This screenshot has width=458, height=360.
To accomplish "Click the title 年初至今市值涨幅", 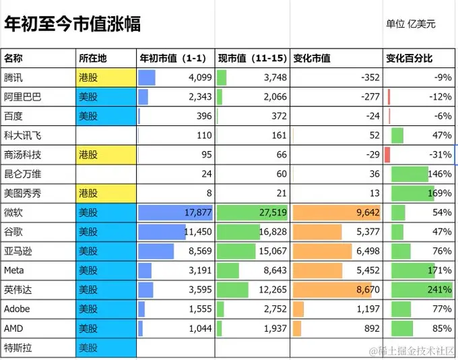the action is pyautogui.click(x=73, y=24).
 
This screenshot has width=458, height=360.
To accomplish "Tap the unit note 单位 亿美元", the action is pyautogui.click(x=411, y=24).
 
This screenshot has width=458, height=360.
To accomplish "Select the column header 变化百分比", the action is pyautogui.click(x=410, y=58).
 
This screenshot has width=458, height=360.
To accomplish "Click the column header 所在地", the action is pyautogui.click(x=92, y=58).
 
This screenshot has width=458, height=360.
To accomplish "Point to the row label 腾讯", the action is pyautogui.click(x=13, y=78).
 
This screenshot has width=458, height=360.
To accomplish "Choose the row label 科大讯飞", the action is pyautogui.click(x=22, y=136).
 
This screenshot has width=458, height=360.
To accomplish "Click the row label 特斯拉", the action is pyautogui.click(x=18, y=348).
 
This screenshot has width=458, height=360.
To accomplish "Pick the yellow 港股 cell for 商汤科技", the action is pyautogui.click(x=106, y=154).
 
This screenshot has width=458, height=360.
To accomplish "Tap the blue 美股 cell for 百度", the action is pyautogui.click(x=106, y=116).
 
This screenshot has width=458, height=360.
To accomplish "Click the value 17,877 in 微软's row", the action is pyautogui.click(x=198, y=212).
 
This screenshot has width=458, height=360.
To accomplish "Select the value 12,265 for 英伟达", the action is pyautogui.click(x=273, y=289).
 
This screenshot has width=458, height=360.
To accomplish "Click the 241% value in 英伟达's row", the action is pyautogui.click(x=440, y=289).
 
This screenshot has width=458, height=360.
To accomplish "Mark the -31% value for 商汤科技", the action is pyautogui.click(x=440, y=154).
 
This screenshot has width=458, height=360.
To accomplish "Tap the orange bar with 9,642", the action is pyautogui.click(x=337, y=212).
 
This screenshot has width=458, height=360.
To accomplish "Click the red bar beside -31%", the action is pyautogui.click(x=387, y=154).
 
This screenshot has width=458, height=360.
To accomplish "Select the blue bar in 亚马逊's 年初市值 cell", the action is pyautogui.click(x=156, y=251).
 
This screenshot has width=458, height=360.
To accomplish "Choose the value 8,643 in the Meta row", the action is pyautogui.click(x=275, y=270).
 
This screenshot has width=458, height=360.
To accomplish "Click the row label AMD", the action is pyautogui.click(x=13, y=328).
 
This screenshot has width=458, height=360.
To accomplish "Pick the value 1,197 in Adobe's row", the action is pyautogui.click(x=368, y=309).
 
